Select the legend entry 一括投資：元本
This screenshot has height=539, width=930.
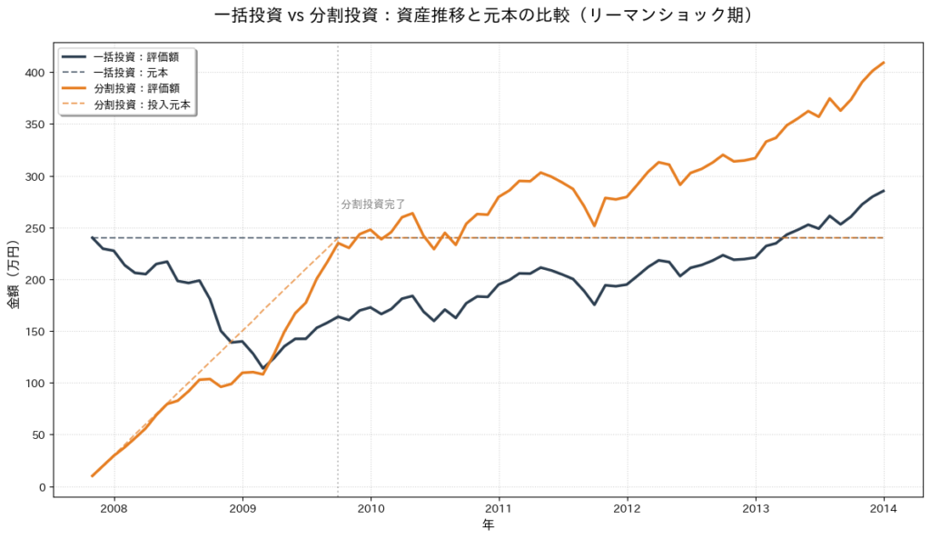point(136,73)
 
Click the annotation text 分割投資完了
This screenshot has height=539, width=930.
point(373,205)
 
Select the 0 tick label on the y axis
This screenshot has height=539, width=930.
point(42,487)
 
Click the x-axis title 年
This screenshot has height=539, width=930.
point(488,525)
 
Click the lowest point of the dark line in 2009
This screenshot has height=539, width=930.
point(263,368)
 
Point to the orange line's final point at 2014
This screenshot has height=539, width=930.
point(884,63)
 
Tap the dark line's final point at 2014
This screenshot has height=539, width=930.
point(884,191)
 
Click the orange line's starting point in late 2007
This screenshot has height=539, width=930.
point(93,475)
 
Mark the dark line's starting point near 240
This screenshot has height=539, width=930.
point(93,237)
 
